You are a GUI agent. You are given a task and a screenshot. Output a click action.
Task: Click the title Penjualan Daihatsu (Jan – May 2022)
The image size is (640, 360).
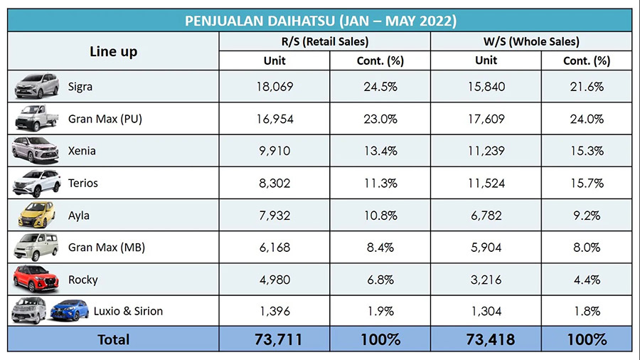(x=320, y=21)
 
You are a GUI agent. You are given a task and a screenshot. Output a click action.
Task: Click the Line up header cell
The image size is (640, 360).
(x=114, y=51)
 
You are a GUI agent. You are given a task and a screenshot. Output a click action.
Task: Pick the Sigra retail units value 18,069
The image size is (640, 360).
(x=274, y=87)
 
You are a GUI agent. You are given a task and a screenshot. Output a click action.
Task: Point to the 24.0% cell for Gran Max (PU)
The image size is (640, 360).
(x=587, y=119)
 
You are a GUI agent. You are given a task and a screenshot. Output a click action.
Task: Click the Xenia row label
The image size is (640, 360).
(x=82, y=151)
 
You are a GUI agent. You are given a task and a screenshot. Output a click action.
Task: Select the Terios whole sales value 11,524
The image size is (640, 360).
(x=486, y=184)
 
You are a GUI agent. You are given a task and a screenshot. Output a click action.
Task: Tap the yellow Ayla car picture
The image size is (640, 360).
(x=36, y=215)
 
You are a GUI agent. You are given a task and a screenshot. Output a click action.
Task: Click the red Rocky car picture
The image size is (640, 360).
(x=36, y=279)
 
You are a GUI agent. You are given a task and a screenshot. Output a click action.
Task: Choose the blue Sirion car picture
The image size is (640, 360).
(x=69, y=311)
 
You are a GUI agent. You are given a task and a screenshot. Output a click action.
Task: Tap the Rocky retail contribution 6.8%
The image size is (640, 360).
(x=380, y=279)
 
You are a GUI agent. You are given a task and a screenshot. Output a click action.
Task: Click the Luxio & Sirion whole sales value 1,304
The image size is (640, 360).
(x=486, y=311)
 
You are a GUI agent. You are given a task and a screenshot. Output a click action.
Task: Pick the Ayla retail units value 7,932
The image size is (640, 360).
(x=274, y=215)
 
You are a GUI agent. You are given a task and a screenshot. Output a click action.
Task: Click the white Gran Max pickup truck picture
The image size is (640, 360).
(x=36, y=119)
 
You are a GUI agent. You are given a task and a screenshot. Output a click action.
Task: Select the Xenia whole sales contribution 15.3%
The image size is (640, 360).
(x=587, y=151)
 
